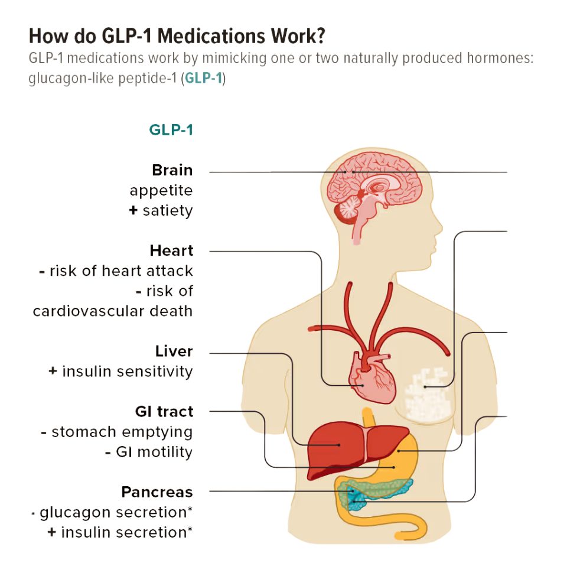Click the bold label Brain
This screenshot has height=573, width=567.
tap(172, 170)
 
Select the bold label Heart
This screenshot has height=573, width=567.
tap(171, 250)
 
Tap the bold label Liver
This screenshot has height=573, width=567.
tap(174, 351)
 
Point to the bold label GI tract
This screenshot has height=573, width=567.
tap(164, 411)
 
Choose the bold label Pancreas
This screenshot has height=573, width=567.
tap(157, 491)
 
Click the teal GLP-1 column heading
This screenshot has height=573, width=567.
tap(171, 130)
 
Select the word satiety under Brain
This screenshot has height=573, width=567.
tap(167, 210)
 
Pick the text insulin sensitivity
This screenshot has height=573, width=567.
tap(127, 371)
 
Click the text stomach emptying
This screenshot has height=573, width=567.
tap(122, 432)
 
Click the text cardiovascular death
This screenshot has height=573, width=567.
tap(113, 311)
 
